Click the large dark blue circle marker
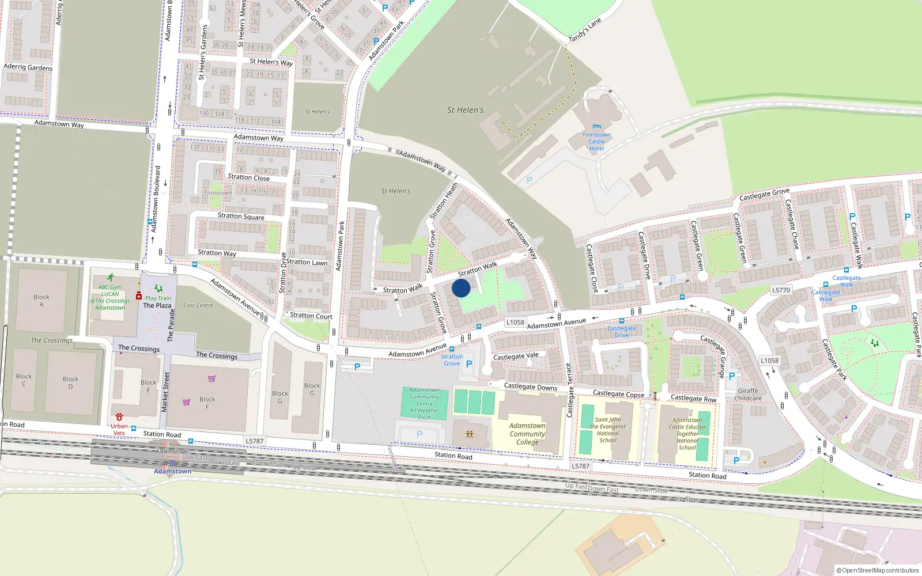(x=461, y=288)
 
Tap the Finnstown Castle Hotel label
(x=596, y=142)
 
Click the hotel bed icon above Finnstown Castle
(x=596, y=127)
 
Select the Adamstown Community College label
(x=527, y=434)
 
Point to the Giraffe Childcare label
(x=748, y=395)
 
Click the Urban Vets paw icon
(x=119, y=416)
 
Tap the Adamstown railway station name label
(x=172, y=471)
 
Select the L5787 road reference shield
(x=255, y=441)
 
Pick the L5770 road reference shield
(x=781, y=290)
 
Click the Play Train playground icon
(x=158, y=289)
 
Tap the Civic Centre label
(x=198, y=305)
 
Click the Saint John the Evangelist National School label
(x=608, y=430)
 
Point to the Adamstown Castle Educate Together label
(x=687, y=434)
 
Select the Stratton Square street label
(x=241, y=216)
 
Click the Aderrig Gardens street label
(x=28, y=67)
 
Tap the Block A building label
(x=41, y=301)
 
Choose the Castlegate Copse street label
(x=618, y=394)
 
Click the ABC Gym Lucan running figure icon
(x=110, y=278)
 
